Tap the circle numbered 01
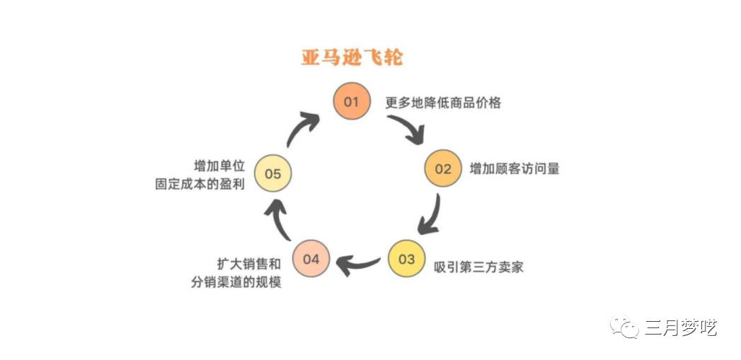pyautogui.click(x=352, y=102)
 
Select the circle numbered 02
pyautogui.click(x=442, y=169)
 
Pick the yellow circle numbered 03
pyautogui.click(x=406, y=259)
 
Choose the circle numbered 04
pyautogui.click(x=311, y=259)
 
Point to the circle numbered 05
pyautogui.click(x=272, y=173)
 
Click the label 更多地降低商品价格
pyautogui.click(x=443, y=103)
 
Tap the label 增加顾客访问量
pyautogui.click(x=515, y=169)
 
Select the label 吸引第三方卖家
pyautogui.click(x=478, y=267)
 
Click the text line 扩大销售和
pyautogui.click(x=248, y=264)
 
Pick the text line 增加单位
pyautogui.click(x=219, y=166)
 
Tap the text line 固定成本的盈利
pyautogui.click(x=200, y=184)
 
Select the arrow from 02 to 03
pyautogui.click(x=430, y=215)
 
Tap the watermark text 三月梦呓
pyautogui.click(x=680, y=327)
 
